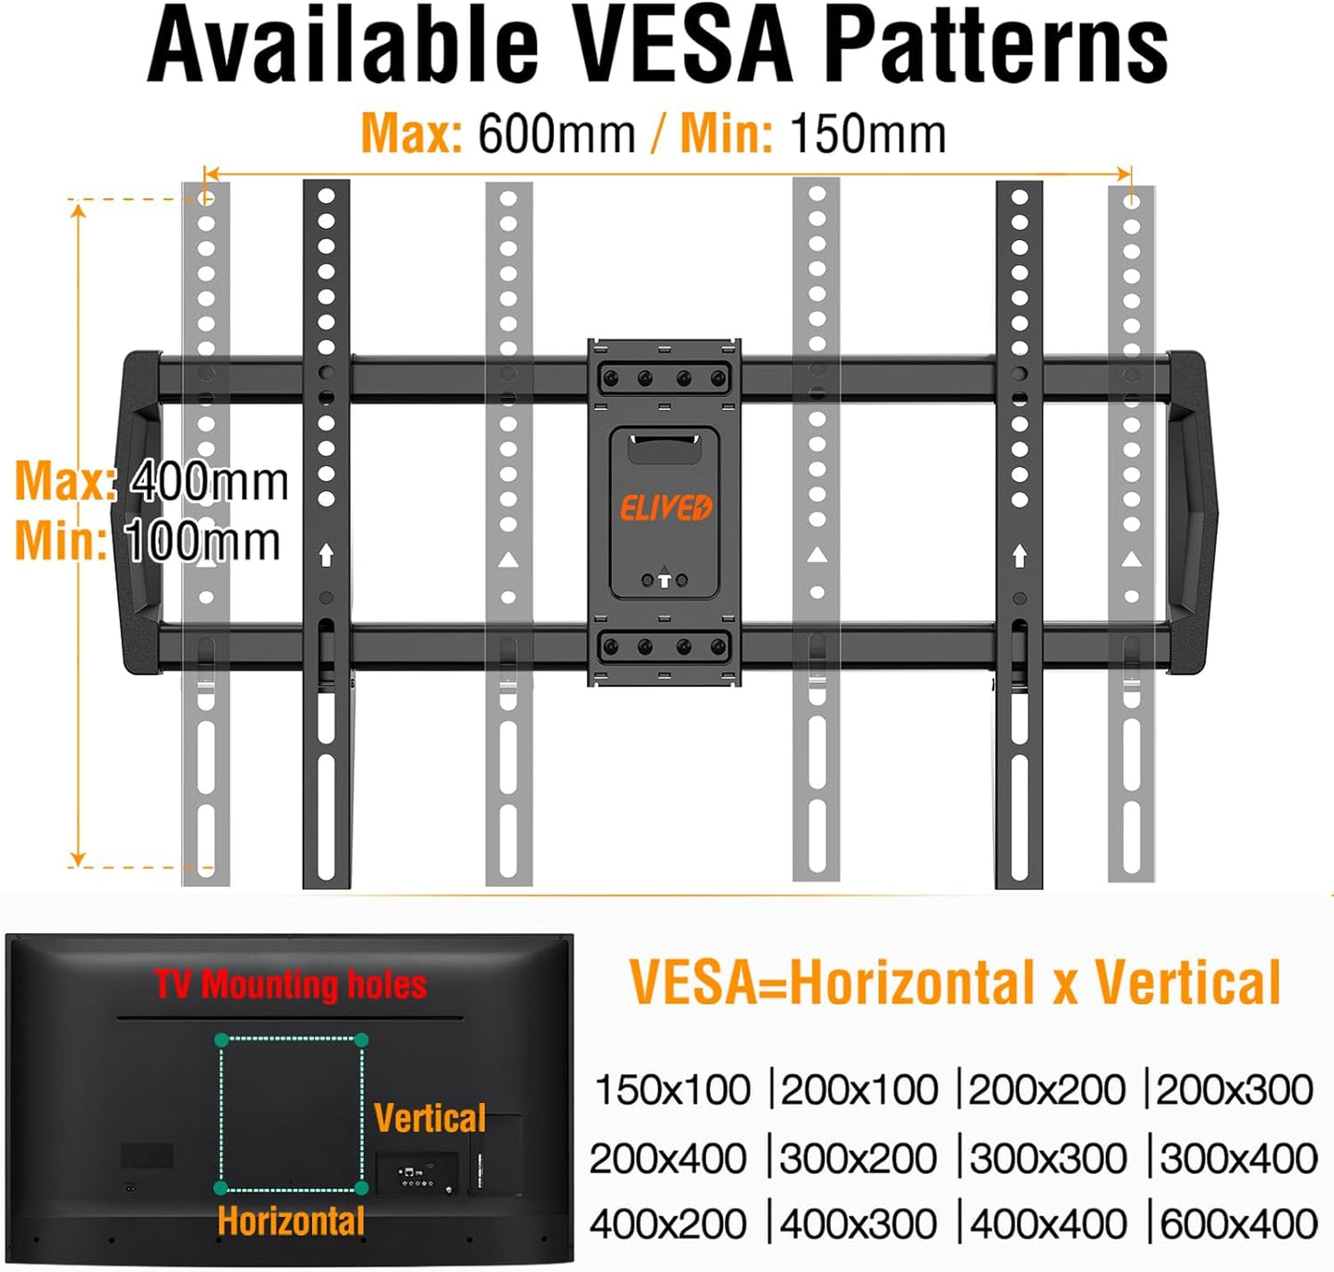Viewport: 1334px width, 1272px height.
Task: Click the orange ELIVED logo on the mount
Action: (x=665, y=508)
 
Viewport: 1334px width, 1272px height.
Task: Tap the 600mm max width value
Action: (x=556, y=135)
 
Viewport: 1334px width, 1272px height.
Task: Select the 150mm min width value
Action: (x=868, y=135)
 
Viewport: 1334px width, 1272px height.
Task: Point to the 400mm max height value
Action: (x=210, y=481)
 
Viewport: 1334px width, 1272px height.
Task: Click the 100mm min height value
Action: (x=202, y=541)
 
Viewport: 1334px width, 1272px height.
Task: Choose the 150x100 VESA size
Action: (x=672, y=1090)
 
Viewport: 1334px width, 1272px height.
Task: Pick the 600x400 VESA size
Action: (x=1238, y=1224)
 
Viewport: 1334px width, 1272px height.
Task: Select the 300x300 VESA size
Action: (x=1048, y=1158)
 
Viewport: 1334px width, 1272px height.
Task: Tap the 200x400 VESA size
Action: (x=667, y=1158)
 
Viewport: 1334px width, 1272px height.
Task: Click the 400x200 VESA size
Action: (x=667, y=1224)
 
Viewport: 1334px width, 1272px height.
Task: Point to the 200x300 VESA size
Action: (x=1234, y=1090)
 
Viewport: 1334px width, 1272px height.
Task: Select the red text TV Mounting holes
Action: (x=290, y=985)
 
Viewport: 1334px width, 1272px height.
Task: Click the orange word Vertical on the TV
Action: (x=429, y=1118)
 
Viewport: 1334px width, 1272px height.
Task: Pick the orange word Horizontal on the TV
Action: (x=291, y=1221)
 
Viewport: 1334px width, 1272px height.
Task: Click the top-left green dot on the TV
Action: (x=222, y=1040)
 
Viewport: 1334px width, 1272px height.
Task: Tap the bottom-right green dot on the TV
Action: (x=362, y=1188)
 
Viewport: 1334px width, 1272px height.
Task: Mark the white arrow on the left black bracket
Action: (x=326, y=555)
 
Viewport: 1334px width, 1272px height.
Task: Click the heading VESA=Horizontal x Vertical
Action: (x=955, y=982)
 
